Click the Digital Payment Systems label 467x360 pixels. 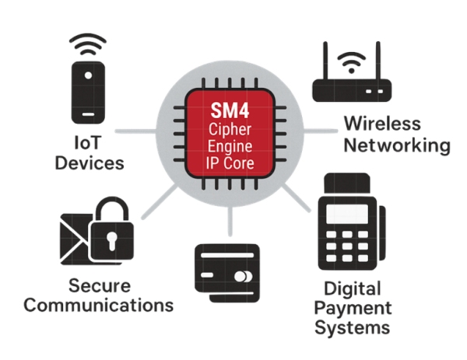tap(352, 308)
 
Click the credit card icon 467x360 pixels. tap(226, 267)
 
